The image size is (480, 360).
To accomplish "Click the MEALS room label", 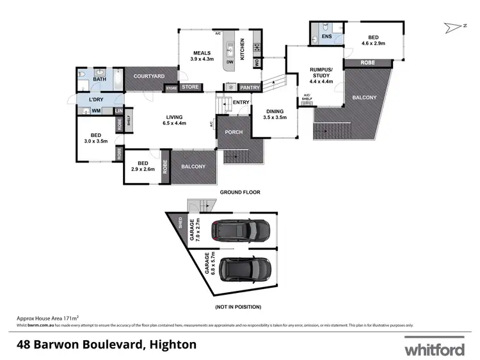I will click(203, 53).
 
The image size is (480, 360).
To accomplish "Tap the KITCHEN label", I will click(243, 49).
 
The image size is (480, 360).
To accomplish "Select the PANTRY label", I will click(250, 88).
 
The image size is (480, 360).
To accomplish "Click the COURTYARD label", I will click(149, 76).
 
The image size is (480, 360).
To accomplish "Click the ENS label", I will click(326, 37).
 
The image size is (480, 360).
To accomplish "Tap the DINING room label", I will click(275, 110).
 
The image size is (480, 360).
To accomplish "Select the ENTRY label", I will click(241, 102).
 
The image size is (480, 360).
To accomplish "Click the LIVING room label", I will click(175, 118).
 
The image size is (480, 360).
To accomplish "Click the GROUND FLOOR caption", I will click(240, 191).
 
